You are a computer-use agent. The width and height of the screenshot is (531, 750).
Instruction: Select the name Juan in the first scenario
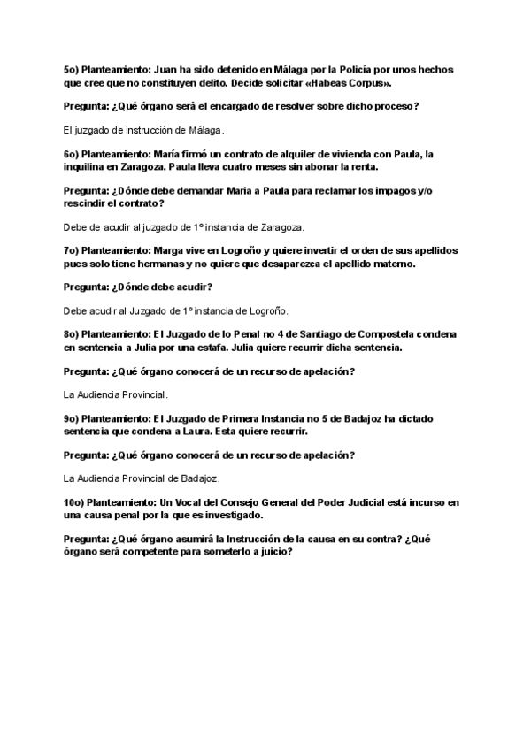166,68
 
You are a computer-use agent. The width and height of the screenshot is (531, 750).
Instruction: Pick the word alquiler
312,153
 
